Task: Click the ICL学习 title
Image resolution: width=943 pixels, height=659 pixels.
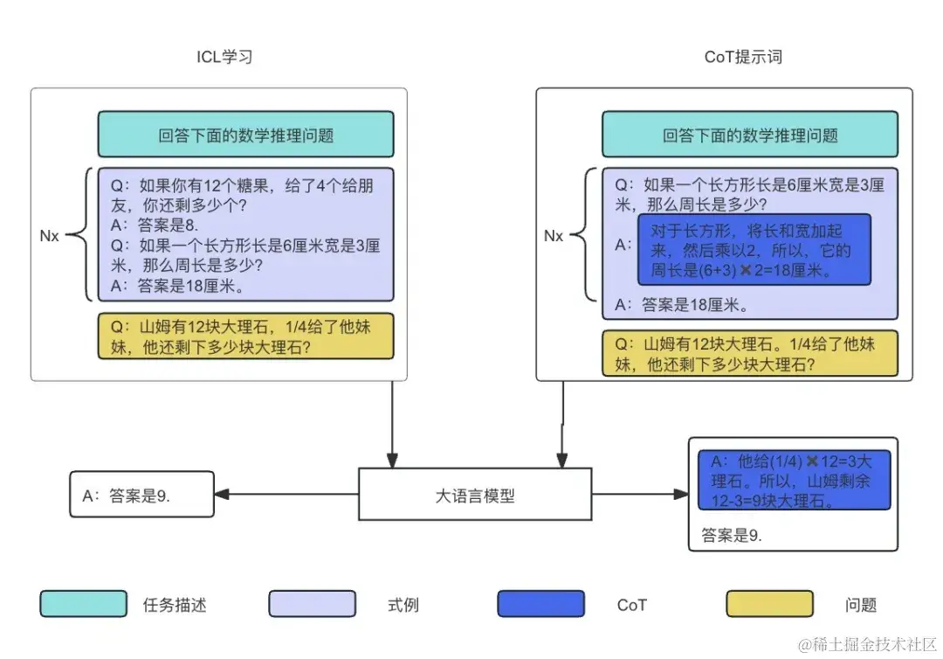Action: pyautogui.click(x=224, y=58)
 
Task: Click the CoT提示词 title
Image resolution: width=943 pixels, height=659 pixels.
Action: pyautogui.click(x=743, y=58)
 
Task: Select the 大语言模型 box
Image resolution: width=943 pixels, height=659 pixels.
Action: pyautogui.click(x=475, y=495)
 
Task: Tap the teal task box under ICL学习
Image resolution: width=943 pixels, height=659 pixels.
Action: pyautogui.click(x=245, y=135)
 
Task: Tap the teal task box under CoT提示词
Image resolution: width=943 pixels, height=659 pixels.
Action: pyautogui.click(x=750, y=135)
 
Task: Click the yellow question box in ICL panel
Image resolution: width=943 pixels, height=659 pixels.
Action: pyautogui.click(x=245, y=336)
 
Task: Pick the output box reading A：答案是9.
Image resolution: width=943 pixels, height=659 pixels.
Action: pyautogui.click(x=141, y=496)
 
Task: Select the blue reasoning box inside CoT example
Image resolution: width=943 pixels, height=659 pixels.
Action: pyautogui.click(x=754, y=250)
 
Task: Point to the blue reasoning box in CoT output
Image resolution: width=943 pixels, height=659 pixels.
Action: pyautogui.click(x=793, y=480)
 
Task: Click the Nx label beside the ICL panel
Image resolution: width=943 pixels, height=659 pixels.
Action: pyautogui.click(x=49, y=236)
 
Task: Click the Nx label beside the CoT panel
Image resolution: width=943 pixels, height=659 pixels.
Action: pyautogui.click(x=554, y=236)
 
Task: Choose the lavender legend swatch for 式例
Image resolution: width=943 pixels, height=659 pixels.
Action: pyautogui.click(x=312, y=604)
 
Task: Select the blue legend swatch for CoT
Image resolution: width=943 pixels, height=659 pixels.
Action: pyautogui.click(x=540, y=604)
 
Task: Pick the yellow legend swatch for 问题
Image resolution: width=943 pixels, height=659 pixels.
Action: pyautogui.click(x=769, y=604)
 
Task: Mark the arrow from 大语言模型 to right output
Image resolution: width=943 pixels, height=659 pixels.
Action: pyautogui.click(x=639, y=495)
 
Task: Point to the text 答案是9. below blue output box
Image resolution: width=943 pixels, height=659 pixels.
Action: pyautogui.click(x=732, y=536)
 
